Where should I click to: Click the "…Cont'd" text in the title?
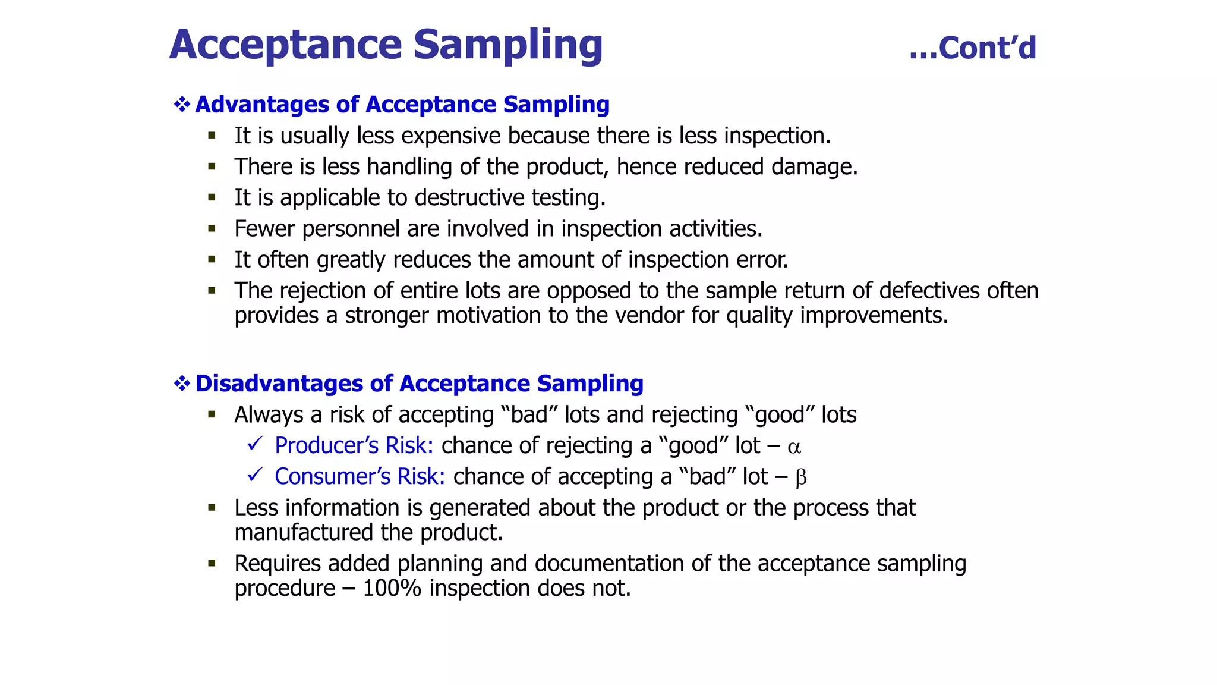coord(973,48)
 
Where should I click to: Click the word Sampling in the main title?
coord(507,45)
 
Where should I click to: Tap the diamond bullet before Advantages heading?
coord(182,105)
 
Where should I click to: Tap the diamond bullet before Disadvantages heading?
coord(182,384)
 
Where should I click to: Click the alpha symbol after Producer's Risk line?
coord(794,447)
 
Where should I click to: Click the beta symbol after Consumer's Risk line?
coord(800,477)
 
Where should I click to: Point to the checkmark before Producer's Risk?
coord(255,444)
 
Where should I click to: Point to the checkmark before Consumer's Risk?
coord(255,475)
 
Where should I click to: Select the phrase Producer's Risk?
coord(354,445)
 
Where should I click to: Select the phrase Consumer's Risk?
coord(360,476)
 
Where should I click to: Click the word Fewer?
coord(264,229)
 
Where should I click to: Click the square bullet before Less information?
coord(212,508)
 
